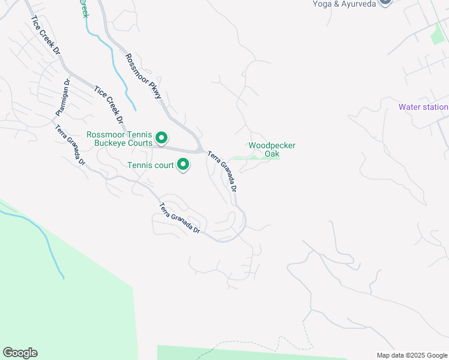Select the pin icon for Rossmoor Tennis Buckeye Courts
pyautogui.click(x=161, y=139)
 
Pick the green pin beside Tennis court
pyautogui.click(x=183, y=164)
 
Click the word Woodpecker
pyautogui.click(x=272, y=146)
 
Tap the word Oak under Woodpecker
pyautogui.click(x=272, y=154)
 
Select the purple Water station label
pyautogui.click(x=423, y=107)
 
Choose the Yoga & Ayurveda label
pyautogui.click(x=343, y=4)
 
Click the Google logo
pyautogui.click(x=20, y=353)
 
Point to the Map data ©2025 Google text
pyautogui.click(x=412, y=355)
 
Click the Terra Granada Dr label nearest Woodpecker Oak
pyautogui.click(x=223, y=172)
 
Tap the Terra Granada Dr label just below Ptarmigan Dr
pyautogui.click(x=71, y=145)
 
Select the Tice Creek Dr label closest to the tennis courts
pyautogui.click(x=109, y=104)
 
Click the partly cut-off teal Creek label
pyautogui.click(x=83, y=8)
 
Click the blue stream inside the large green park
pyautogui.click(x=45, y=240)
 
